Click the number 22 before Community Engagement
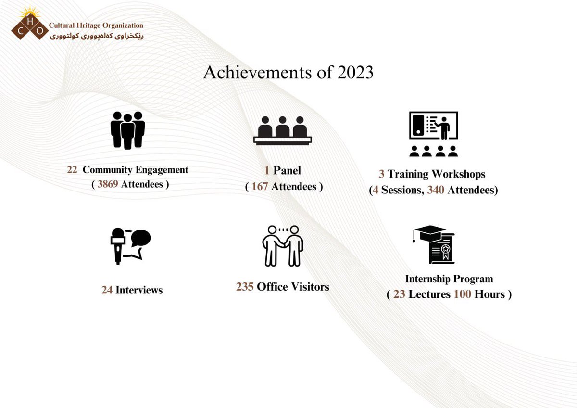coord(72,170)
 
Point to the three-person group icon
coord(127,130)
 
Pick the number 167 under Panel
coord(260,186)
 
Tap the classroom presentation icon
coord(433,134)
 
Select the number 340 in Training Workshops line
coord(436,190)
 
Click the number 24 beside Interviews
coord(107,290)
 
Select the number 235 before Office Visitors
coord(245,287)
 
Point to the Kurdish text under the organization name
coord(96,36)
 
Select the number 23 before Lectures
coord(399,294)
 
